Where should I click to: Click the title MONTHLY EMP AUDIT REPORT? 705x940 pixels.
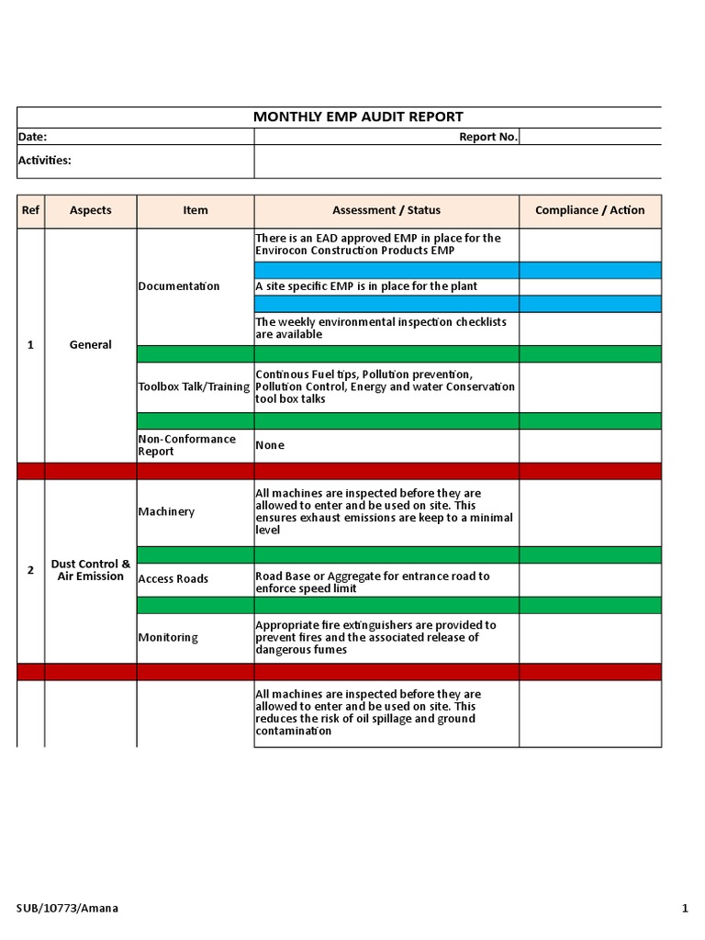358,117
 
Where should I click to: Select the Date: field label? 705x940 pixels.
33,137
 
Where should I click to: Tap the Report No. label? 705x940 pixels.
488,137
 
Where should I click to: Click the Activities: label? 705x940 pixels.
45,160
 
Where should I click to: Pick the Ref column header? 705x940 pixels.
30,210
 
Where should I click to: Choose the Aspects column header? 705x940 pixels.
90,210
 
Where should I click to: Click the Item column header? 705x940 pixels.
195,210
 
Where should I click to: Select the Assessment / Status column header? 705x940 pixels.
386,210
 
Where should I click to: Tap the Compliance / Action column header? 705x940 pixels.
589,210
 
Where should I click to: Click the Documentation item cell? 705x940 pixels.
179,286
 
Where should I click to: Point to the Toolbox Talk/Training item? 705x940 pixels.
194,386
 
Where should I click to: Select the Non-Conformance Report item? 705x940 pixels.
186,445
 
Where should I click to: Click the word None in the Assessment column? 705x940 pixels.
270,445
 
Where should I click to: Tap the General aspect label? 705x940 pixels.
90,345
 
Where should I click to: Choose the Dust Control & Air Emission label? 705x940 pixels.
90,570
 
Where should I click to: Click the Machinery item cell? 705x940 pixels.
166,511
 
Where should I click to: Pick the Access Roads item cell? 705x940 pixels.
173,579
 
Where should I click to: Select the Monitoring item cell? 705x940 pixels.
168,638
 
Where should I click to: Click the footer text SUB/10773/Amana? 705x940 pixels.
67,909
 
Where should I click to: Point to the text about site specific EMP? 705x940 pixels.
366,286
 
